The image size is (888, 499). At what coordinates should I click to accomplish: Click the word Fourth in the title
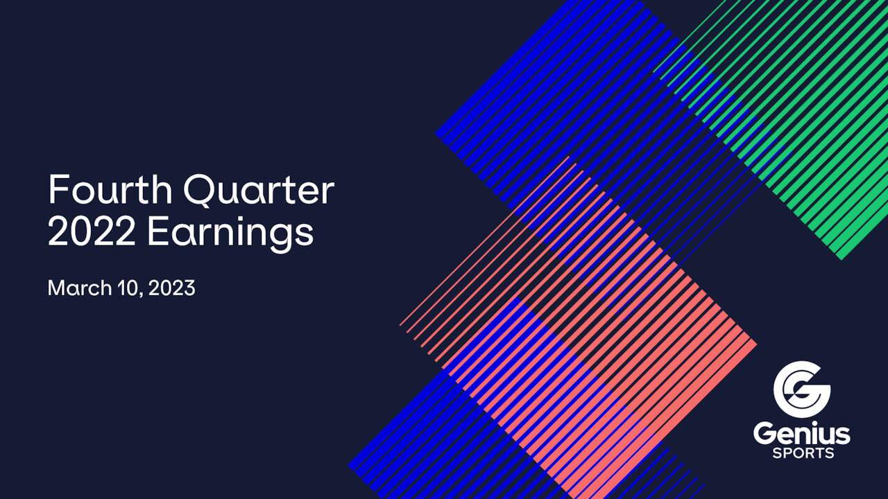click(110, 191)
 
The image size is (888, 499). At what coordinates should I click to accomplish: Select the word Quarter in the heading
click(259, 191)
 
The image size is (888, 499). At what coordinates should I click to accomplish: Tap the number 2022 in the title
click(91, 233)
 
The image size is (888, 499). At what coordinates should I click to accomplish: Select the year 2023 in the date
click(173, 288)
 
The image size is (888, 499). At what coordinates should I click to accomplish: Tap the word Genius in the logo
click(801, 435)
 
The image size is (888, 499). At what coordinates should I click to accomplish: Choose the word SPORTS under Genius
click(803, 454)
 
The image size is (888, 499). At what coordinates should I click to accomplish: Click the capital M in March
click(55, 288)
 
